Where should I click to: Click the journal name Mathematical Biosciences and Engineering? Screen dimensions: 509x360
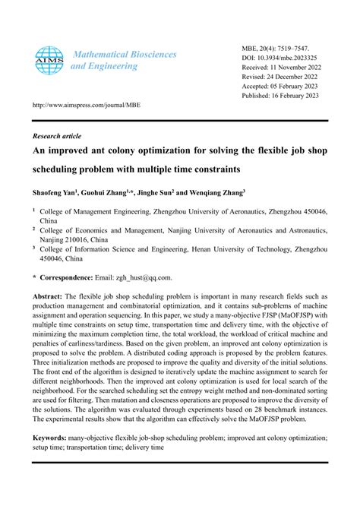click(123, 60)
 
